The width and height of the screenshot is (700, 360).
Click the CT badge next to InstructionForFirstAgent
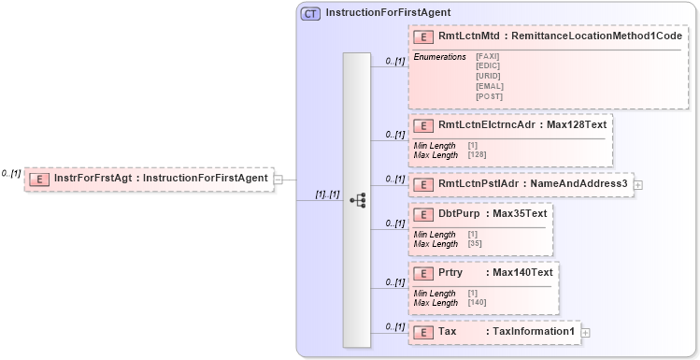coord(310,13)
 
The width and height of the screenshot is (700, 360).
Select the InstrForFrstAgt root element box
coord(149,179)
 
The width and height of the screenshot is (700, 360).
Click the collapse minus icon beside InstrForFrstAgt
coord(278,179)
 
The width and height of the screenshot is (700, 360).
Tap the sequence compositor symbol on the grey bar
coord(357,200)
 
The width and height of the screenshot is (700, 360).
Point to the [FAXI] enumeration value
coord(488,57)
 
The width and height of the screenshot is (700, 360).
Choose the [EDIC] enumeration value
coord(488,66)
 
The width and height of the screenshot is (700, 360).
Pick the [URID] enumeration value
coord(488,76)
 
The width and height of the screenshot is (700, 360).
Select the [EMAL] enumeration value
coord(489,86)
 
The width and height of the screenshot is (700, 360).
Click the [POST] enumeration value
coord(489,95)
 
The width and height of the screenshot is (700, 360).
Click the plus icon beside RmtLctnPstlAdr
coord(638,184)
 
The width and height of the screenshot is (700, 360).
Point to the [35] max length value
coord(475,243)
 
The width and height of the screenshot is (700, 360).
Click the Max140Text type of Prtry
coord(522,272)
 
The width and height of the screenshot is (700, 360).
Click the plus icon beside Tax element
coord(586,332)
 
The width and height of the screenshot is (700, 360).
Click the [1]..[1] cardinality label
coord(326,194)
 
